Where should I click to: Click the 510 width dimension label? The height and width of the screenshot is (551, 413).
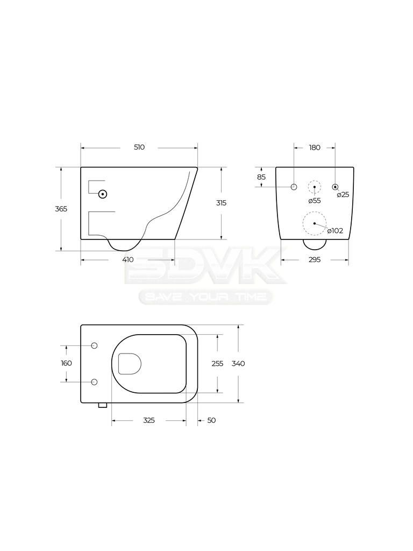click(x=139, y=147)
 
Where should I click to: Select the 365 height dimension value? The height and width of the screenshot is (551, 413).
click(x=61, y=209)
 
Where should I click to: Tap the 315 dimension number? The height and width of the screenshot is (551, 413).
click(x=221, y=203)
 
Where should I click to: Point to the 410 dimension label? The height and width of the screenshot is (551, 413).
click(x=128, y=260)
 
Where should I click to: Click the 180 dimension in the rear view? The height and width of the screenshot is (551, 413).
click(x=315, y=147)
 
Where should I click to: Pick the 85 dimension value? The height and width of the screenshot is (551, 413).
click(x=261, y=177)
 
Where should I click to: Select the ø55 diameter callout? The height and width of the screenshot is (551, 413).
click(x=314, y=201)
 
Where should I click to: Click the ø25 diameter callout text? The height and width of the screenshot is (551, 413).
click(x=343, y=195)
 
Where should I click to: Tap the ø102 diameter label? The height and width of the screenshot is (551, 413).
click(x=335, y=231)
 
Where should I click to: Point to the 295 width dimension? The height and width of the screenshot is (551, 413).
click(x=315, y=260)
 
